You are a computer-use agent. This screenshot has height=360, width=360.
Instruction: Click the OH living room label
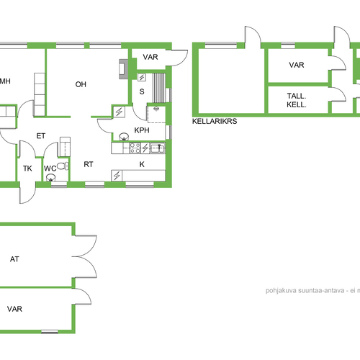click(x=81, y=84)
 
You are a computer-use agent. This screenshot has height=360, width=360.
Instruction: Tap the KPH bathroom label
click(x=142, y=130)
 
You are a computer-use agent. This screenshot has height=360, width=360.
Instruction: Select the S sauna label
click(x=142, y=91)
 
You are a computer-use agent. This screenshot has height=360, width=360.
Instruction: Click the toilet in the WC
click(x=63, y=166)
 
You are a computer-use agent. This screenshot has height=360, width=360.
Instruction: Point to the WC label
click(x=50, y=168)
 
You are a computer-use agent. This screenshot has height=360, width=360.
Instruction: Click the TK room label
click(x=27, y=168)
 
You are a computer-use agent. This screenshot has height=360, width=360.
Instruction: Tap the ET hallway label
click(x=41, y=136)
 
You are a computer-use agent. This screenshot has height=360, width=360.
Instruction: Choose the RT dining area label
click(x=89, y=164)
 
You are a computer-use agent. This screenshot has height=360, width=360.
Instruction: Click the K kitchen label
click(x=142, y=164)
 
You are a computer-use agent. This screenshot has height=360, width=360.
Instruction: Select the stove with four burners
click(x=135, y=148)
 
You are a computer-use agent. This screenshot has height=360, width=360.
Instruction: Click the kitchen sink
click(x=158, y=148)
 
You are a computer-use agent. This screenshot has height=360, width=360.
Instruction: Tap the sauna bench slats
click(x=159, y=88)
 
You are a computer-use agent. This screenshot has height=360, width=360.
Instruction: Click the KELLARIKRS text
click(x=215, y=121)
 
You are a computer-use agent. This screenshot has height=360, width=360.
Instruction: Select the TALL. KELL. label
click(x=297, y=100)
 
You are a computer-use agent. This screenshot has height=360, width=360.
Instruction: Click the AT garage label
click(x=14, y=259)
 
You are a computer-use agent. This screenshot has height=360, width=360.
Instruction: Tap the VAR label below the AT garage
click(x=14, y=309)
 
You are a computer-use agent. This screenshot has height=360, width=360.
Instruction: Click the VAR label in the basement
click(x=297, y=65)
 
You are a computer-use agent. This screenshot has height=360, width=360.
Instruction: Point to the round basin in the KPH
click(x=124, y=137)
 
